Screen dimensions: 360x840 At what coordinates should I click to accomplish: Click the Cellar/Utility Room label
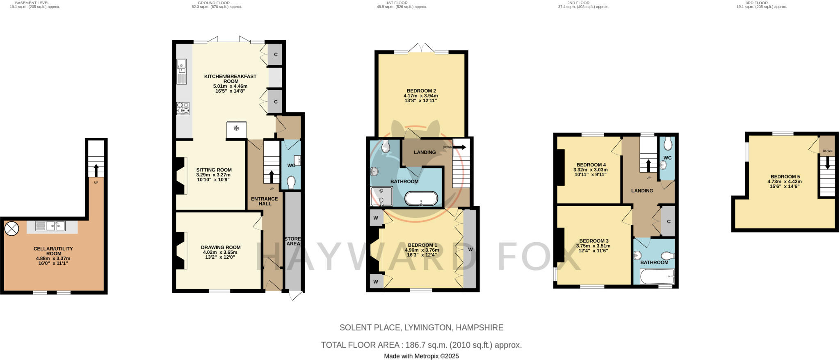(x=54, y=251)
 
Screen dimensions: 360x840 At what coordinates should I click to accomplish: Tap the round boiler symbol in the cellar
(x=11, y=229)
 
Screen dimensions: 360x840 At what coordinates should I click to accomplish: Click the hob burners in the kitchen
(x=183, y=108)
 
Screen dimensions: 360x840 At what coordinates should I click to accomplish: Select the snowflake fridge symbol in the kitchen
(x=237, y=129)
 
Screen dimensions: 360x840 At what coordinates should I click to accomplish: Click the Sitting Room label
(x=214, y=170)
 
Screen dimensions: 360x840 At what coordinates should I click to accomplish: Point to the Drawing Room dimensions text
(x=221, y=255)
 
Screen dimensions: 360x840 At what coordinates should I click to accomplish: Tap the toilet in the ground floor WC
(x=291, y=182)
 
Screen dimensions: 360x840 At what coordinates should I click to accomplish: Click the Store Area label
(x=293, y=241)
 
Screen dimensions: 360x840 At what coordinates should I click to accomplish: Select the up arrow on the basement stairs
(x=96, y=169)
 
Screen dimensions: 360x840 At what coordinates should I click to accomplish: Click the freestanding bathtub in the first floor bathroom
(x=421, y=199)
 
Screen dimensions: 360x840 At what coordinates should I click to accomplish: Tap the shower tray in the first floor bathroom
(x=381, y=196)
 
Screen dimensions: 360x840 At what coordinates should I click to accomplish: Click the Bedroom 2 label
(x=421, y=91)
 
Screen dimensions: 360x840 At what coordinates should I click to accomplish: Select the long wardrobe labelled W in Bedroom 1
(x=470, y=249)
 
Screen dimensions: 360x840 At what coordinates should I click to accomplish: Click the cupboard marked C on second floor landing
(x=669, y=221)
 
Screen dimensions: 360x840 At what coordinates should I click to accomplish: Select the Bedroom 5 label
(x=784, y=177)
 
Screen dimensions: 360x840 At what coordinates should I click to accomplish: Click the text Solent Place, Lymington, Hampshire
(x=421, y=328)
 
